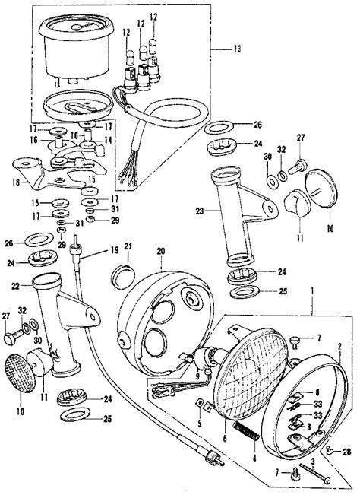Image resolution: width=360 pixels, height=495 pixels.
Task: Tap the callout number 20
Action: tap(160, 252)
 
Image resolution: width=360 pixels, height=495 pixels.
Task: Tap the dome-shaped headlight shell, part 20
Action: tap(159, 319)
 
